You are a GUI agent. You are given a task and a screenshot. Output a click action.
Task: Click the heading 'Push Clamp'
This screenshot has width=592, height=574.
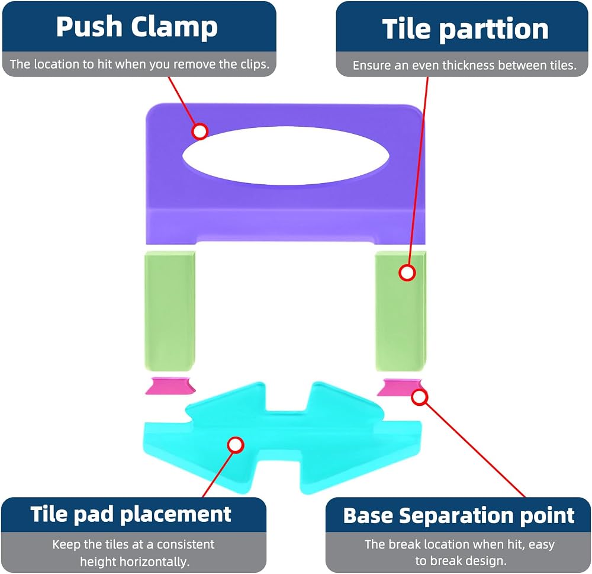coord(137,27)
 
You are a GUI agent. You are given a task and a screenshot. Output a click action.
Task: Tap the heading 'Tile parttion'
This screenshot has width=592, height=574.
coord(465,28)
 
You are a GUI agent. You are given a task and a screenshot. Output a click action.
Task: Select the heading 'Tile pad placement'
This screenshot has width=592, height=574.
coord(131,514)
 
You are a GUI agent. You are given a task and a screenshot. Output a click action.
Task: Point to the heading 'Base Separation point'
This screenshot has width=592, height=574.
coord(459,515)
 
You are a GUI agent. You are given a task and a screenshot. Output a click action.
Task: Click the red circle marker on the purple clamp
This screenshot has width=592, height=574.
coord(200,131)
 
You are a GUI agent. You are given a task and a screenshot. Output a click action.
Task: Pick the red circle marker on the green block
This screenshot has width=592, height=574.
coord(407,272)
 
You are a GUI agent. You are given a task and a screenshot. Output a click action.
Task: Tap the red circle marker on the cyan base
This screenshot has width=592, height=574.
coord(236,445)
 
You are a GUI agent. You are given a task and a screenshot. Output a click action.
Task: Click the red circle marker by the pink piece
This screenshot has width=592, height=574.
coord(420,397)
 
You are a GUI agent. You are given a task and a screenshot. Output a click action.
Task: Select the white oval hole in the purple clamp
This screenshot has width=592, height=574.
coord(286,156)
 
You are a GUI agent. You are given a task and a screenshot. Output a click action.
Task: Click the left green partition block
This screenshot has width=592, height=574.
coord(169,310)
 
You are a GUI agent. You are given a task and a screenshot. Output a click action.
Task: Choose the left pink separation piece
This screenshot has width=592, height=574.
coord(170,386)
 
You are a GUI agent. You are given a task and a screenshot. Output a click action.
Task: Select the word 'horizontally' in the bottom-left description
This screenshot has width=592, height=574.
coord(134,562)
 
